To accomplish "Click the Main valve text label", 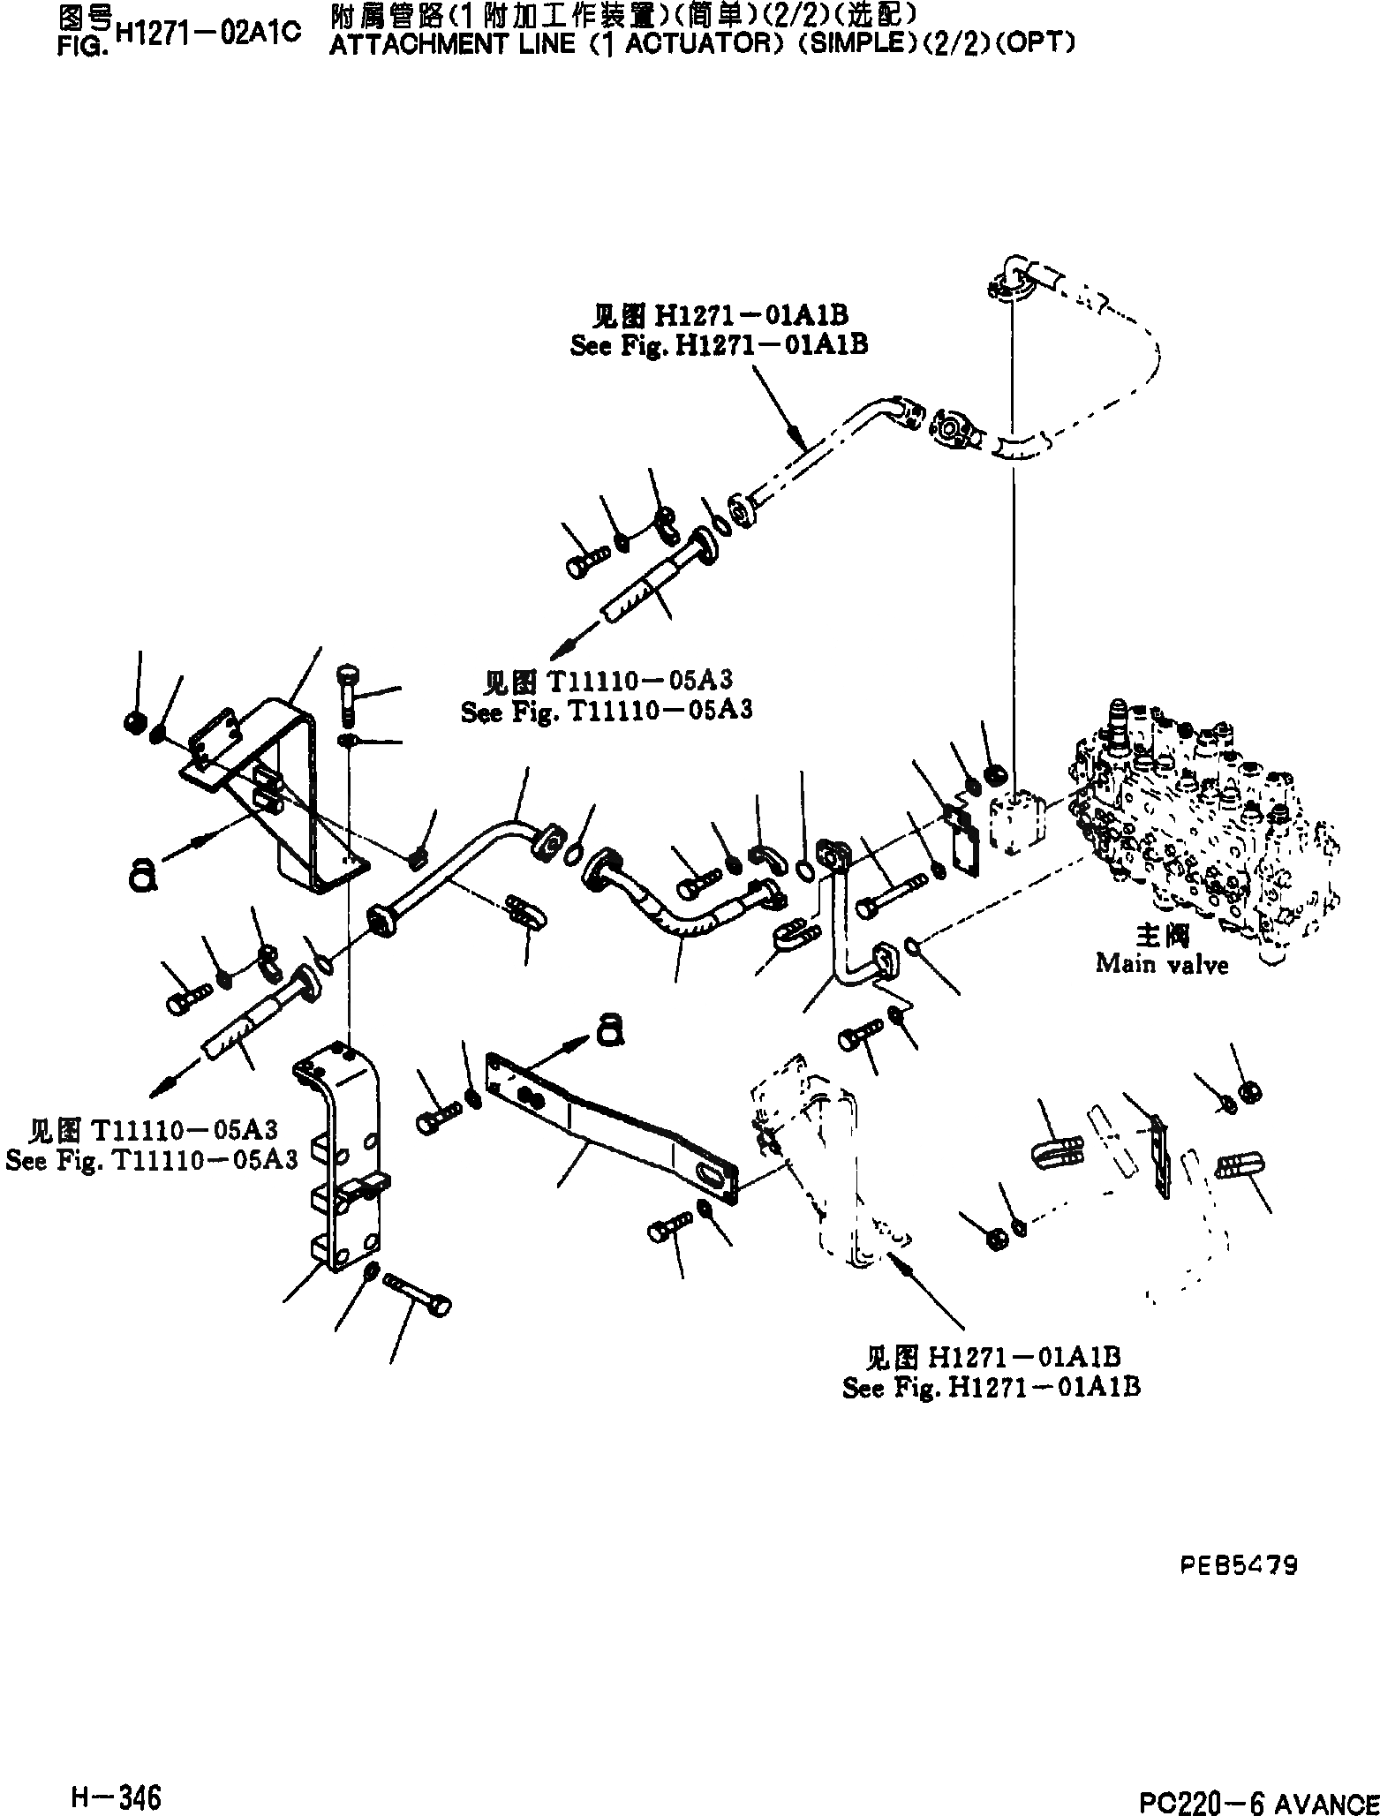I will tap(1161, 964).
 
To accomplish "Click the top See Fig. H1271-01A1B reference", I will tap(719, 344).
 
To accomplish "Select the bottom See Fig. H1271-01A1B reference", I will tap(991, 1387).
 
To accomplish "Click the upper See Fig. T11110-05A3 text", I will tap(607, 711).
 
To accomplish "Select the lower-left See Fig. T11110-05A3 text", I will tap(151, 1159).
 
